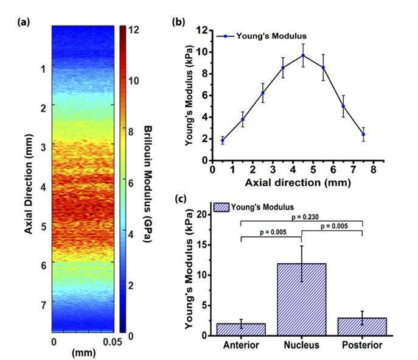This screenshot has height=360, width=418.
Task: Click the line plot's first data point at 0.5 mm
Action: pyautogui.click(x=223, y=141)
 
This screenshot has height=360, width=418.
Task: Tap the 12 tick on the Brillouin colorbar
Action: pyautogui.click(x=133, y=29)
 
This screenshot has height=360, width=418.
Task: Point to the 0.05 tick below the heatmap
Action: pyautogui.click(x=109, y=342)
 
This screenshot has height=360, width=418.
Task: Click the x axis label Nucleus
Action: pyautogui.click(x=302, y=345)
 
